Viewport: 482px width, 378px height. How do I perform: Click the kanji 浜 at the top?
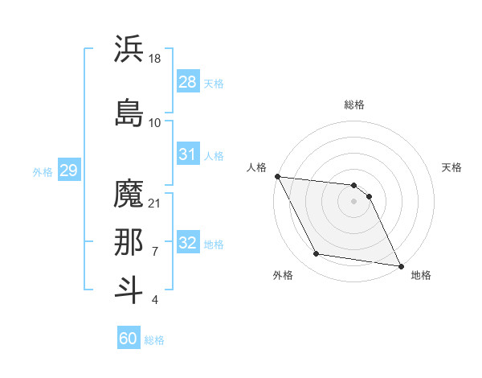[x=129, y=49]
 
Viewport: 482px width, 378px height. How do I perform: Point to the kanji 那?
[x=129, y=243]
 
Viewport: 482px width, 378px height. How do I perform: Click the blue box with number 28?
[x=188, y=82]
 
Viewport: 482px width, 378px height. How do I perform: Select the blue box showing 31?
[x=188, y=154]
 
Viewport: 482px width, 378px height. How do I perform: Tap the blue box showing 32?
[x=188, y=244]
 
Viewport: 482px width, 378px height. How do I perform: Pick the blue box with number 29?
[x=68, y=171]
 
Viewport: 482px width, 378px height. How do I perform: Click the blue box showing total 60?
[x=129, y=339]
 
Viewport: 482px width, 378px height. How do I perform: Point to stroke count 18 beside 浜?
[x=155, y=59]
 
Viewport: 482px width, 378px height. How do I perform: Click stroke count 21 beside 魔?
[x=155, y=203]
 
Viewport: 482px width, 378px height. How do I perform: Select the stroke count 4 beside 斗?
[x=154, y=301]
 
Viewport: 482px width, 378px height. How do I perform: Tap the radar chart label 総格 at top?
[x=354, y=105]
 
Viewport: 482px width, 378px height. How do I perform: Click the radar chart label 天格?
[x=451, y=167]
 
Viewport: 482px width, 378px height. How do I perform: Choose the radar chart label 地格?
[x=421, y=276]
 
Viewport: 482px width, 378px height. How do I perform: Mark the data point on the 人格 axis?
[x=277, y=176]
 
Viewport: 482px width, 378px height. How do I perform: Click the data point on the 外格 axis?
[x=317, y=254]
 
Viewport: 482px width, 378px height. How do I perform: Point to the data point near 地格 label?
[x=400, y=266]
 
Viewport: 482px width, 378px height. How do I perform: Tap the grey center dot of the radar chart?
[x=354, y=201]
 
